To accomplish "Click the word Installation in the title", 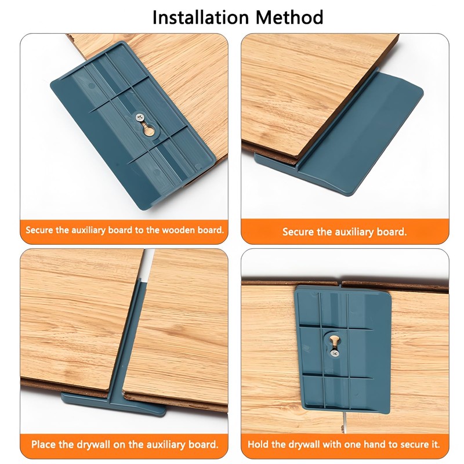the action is (x=201, y=17).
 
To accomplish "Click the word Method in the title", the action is (x=289, y=17).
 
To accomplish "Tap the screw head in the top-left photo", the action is (x=140, y=117).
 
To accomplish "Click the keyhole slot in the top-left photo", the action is (x=147, y=129).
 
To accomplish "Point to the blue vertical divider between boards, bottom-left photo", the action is (x=130, y=335).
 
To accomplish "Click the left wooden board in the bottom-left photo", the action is (x=77, y=320).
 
